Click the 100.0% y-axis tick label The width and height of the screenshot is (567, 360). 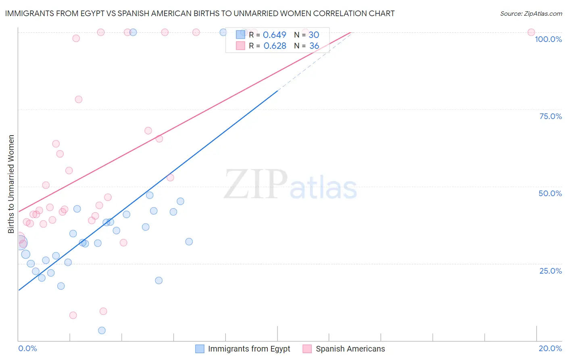[548, 39]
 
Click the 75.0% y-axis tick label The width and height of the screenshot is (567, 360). [550, 116]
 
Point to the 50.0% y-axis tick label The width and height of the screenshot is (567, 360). [550, 193]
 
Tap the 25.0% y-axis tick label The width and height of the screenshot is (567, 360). [550, 271]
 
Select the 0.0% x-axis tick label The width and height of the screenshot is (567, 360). [27, 348]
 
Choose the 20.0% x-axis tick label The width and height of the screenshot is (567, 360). [550, 348]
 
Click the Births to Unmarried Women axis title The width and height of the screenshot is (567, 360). [11, 184]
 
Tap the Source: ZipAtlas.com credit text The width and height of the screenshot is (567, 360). [531, 13]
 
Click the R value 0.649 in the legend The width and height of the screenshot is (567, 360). [274, 35]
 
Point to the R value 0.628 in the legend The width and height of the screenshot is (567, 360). [275, 46]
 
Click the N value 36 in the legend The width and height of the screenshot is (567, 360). [314, 46]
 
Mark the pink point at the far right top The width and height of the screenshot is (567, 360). [531, 32]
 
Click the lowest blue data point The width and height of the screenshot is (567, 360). [102, 331]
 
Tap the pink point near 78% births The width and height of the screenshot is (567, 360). [79, 99]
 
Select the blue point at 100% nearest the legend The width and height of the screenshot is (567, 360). [223, 32]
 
